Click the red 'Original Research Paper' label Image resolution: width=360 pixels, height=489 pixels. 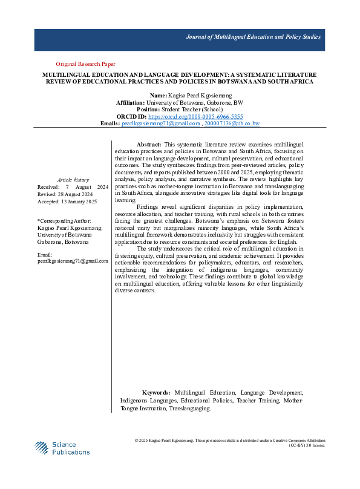85,64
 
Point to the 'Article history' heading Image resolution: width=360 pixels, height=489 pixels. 73,180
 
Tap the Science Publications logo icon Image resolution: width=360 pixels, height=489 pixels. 40,448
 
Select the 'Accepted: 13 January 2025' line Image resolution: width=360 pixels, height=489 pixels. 67,201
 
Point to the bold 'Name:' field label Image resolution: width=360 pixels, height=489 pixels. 158,96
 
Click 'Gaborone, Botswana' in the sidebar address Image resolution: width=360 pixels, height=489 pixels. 62,241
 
